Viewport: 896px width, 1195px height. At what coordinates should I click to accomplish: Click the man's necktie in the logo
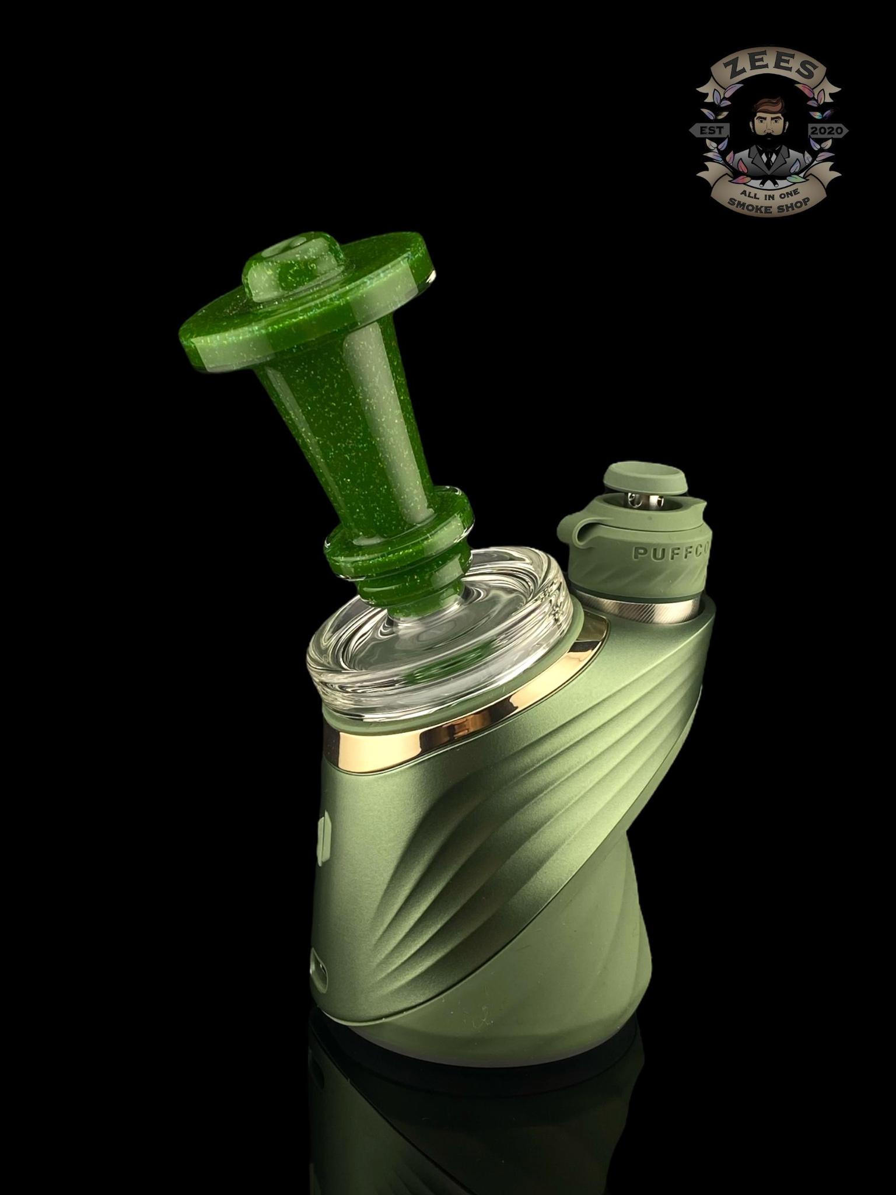[x=768, y=156]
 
